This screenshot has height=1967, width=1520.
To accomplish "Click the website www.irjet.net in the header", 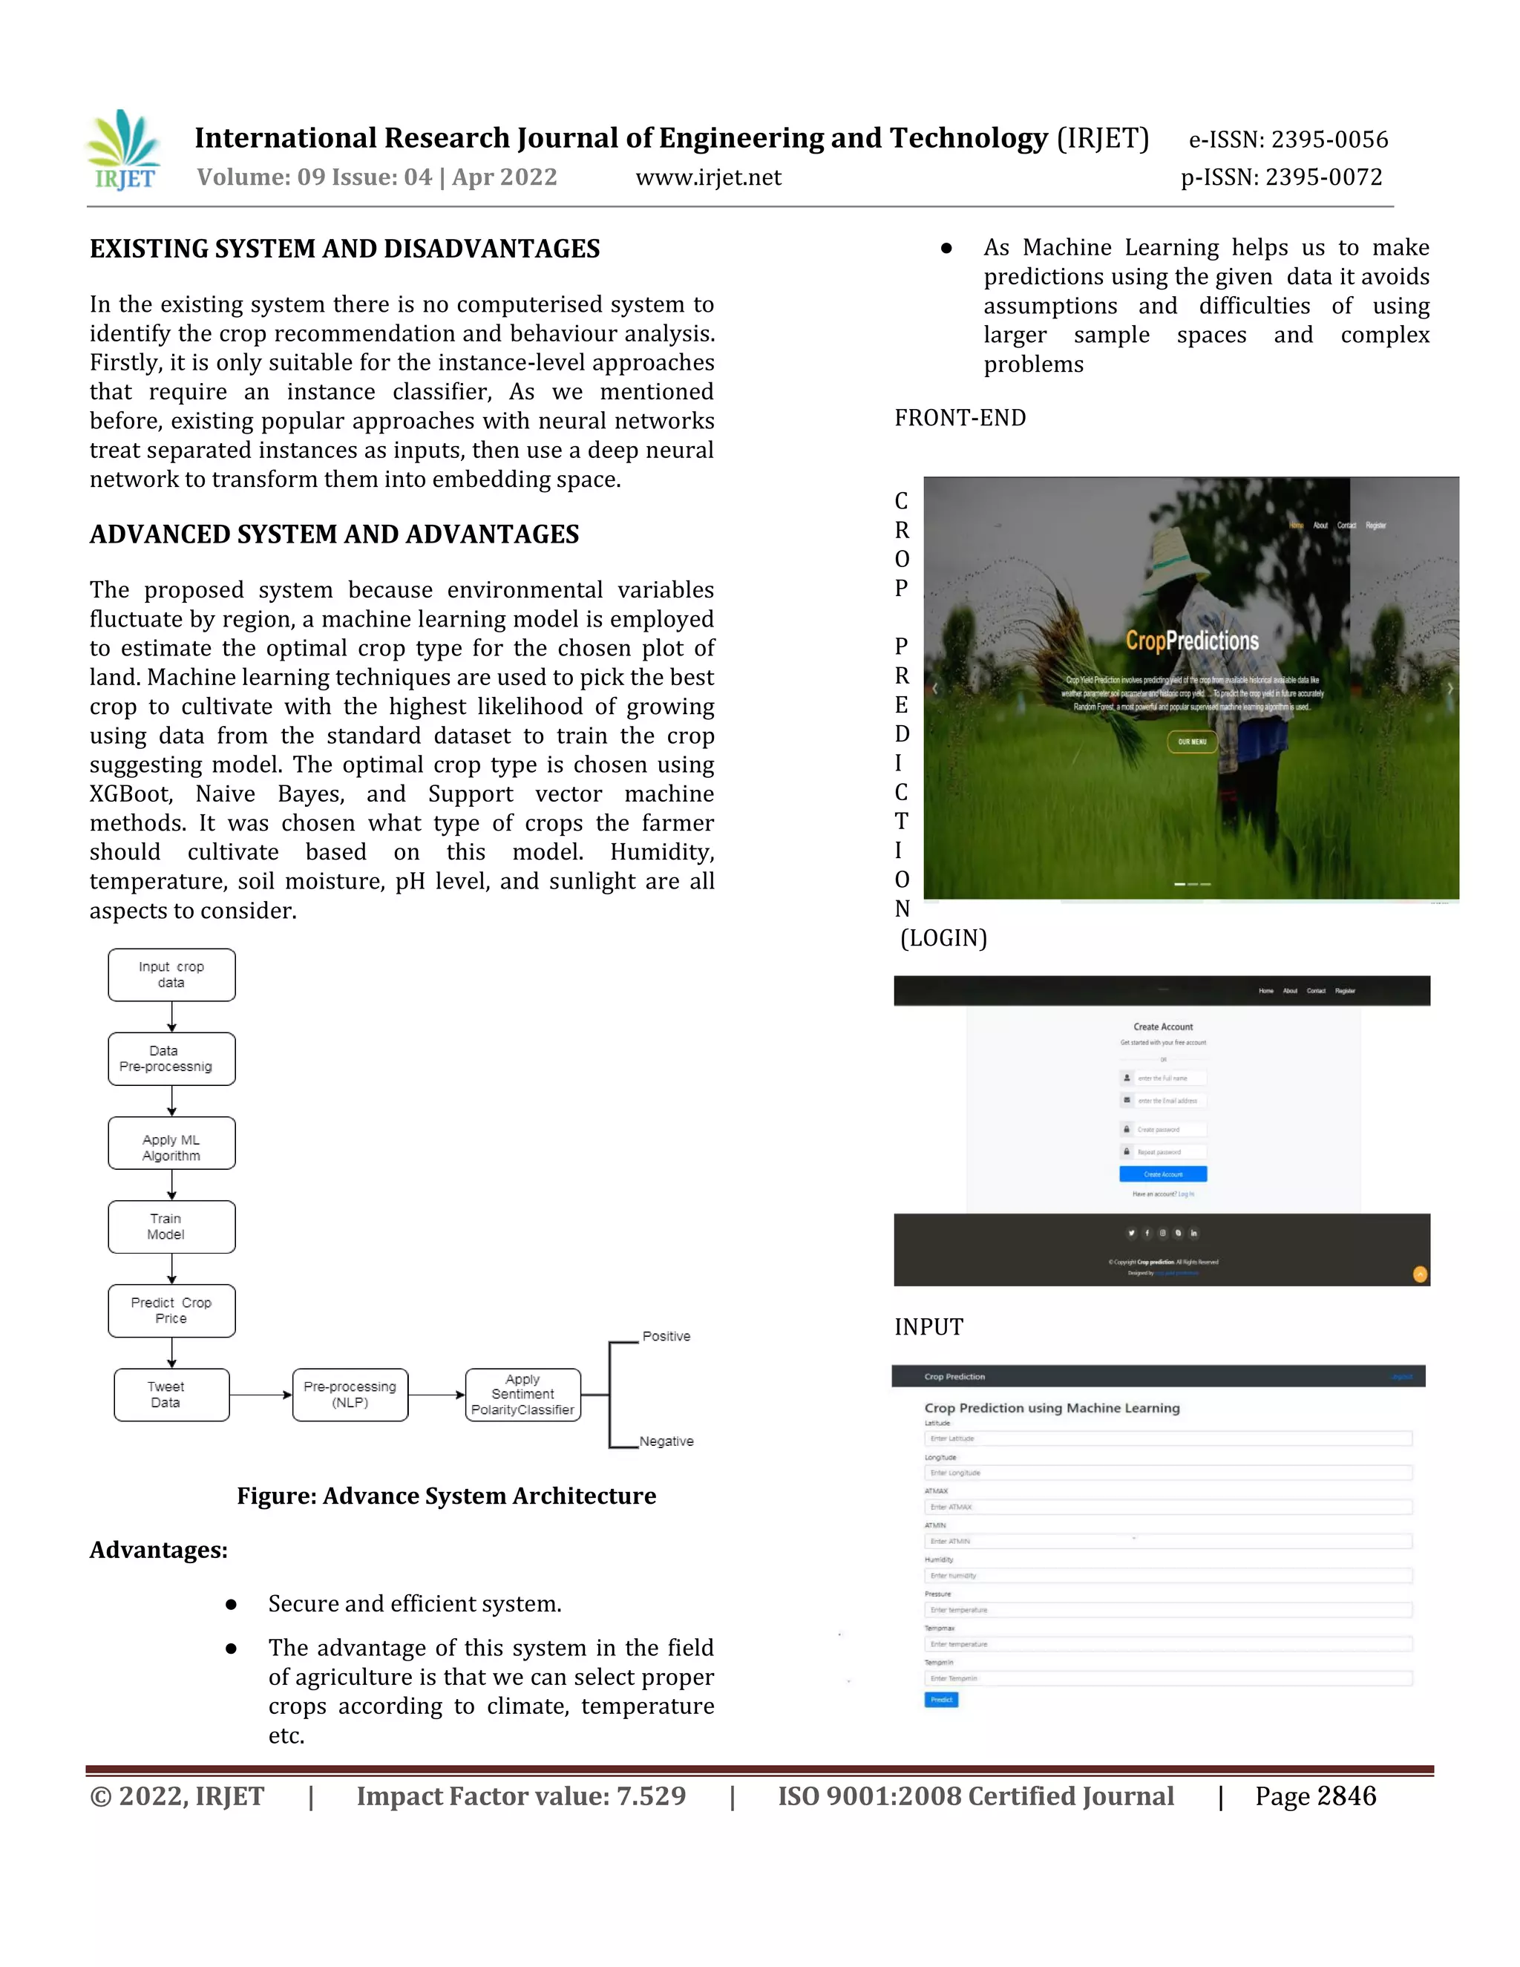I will (x=708, y=177).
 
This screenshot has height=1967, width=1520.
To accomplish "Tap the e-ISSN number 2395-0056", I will (x=1329, y=140).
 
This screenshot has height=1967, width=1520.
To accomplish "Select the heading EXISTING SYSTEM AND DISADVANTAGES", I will (x=345, y=249).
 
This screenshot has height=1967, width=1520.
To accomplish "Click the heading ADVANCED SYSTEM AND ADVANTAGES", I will (x=334, y=534).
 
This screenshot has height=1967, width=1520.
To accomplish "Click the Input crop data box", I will (x=171, y=975).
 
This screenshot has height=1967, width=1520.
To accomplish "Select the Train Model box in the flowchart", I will (x=171, y=1227).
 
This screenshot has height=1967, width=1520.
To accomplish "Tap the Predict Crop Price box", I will (x=171, y=1310).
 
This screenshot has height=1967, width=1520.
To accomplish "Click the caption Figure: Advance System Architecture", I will (x=446, y=1496).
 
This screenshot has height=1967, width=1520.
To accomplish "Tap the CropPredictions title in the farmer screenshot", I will (x=1191, y=641).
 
